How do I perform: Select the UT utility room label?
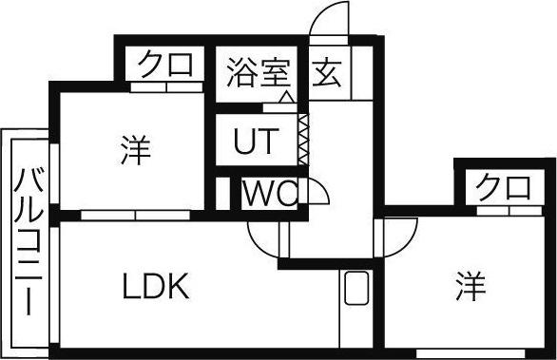pyautogui.click(x=257, y=142)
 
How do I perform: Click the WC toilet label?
pyautogui.click(x=270, y=193)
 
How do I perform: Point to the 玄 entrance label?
pyautogui.click(x=329, y=72)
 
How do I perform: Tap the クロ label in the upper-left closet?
pyautogui.click(x=167, y=65)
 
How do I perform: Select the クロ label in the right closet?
pyautogui.click(x=505, y=185)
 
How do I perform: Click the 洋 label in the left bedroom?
pyautogui.click(x=134, y=149)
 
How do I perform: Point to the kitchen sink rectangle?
pyautogui.click(x=358, y=286)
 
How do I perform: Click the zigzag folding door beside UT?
pyautogui.click(x=303, y=137)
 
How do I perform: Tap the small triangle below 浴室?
pyautogui.click(x=286, y=96)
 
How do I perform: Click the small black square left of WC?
pyautogui.click(x=223, y=193)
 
